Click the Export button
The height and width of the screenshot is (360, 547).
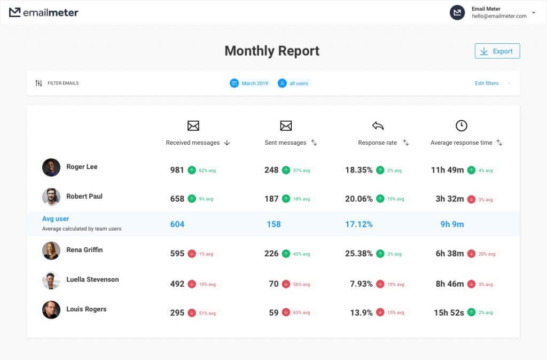[497, 51]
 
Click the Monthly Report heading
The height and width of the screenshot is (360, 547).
[272, 51]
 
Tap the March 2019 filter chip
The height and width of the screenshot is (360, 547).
[249, 83]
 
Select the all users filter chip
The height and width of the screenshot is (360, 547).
[294, 83]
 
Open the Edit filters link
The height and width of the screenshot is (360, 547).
[487, 83]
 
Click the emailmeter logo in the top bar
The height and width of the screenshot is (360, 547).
[44, 12]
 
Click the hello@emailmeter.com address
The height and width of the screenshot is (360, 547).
[499, 16]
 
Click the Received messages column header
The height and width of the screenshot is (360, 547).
[193, 143]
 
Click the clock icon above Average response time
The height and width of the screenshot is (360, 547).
[461, 126]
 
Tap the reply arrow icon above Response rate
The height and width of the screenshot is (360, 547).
[378, 126]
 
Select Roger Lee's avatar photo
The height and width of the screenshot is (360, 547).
[51, 167]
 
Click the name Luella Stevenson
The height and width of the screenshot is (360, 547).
[92, 279]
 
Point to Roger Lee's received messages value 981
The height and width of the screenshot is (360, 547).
[177, 170]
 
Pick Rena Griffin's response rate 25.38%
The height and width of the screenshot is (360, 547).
[358, 254]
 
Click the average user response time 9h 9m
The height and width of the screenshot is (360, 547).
[452, 224]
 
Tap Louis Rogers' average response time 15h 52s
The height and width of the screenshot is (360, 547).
[448, 312]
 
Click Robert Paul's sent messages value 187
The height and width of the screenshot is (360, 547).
[271, 199]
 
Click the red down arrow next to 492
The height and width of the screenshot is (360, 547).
[192, 284]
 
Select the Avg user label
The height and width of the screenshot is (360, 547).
[56, 219]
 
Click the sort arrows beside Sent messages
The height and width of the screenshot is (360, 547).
[314, 143]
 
